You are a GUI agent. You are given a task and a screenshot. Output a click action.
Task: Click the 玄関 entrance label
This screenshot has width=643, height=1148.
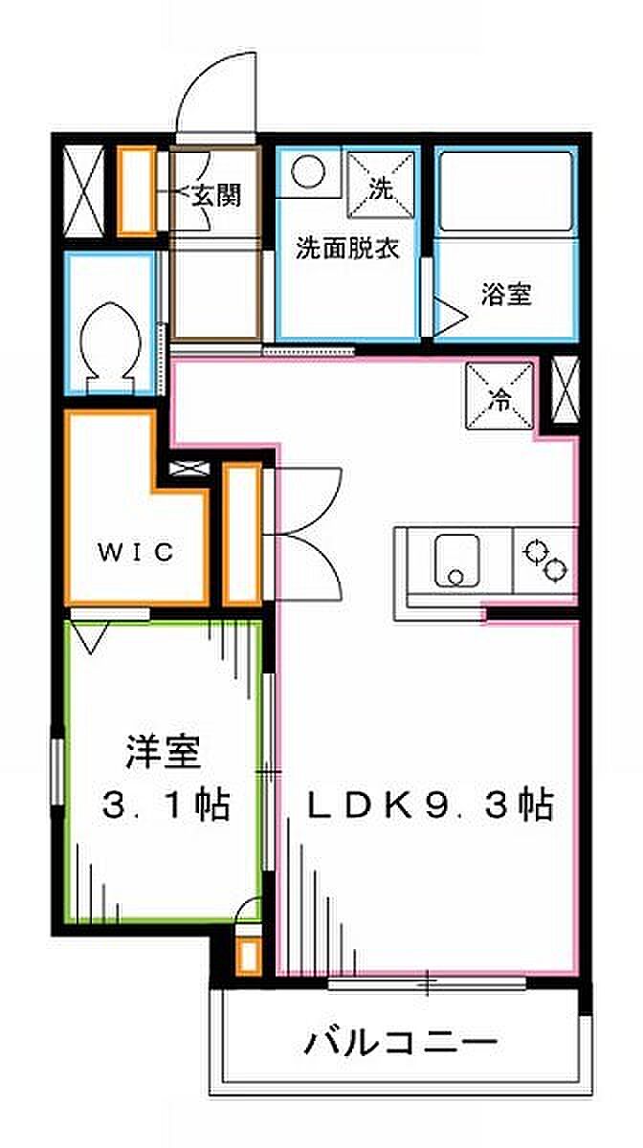tap(216, 195)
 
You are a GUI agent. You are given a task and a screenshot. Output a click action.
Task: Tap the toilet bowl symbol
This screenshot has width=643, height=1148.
tap(110, 347)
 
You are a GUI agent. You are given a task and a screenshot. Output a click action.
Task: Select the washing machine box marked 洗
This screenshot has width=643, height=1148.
tap(381, 185)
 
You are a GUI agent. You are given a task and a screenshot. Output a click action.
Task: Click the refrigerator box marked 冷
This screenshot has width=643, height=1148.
tap(499, 395)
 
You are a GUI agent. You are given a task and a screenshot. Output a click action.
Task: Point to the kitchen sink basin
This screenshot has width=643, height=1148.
tap(456, 561)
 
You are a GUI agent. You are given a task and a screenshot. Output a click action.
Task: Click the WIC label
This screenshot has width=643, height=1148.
tap(136, 552)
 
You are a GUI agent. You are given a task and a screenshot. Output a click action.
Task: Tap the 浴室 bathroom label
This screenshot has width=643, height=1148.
tap(506, 295)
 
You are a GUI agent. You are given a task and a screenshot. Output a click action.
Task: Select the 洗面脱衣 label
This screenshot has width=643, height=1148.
tap(347, 249)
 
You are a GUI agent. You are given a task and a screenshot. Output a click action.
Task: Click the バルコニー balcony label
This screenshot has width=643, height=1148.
tap(401, 1043)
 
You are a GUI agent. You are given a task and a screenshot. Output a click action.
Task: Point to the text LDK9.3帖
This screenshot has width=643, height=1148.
tap(430, 806)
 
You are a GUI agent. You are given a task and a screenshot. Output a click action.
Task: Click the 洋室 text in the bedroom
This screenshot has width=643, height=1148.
tap(163, 752)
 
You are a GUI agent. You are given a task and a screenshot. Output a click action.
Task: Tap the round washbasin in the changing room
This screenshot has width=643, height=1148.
tap(308, 171)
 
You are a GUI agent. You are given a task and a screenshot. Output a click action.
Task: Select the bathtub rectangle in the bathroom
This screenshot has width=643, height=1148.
tap(505, 191)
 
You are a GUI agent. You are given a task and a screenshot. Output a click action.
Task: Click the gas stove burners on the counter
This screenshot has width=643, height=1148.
tap(544, 561)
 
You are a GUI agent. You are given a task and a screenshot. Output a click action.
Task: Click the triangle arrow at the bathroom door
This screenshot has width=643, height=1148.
tap(451, 317)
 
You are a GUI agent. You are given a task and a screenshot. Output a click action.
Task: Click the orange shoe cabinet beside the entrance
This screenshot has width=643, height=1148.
tap(137, 192)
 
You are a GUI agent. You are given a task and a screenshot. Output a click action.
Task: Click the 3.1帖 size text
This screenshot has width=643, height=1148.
tap(166, 806)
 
